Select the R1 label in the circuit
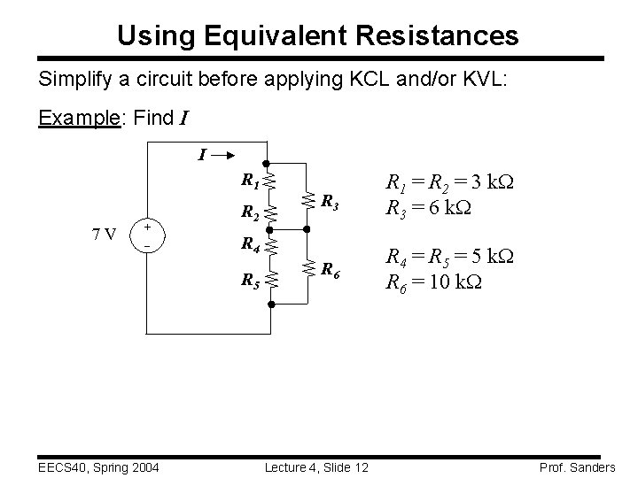[x=250, y=181]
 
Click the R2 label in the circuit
[x=250, y=212]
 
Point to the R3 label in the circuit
[x=328, y=203]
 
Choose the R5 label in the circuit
[x=250, y=281]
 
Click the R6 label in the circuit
[x=328, y=268]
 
